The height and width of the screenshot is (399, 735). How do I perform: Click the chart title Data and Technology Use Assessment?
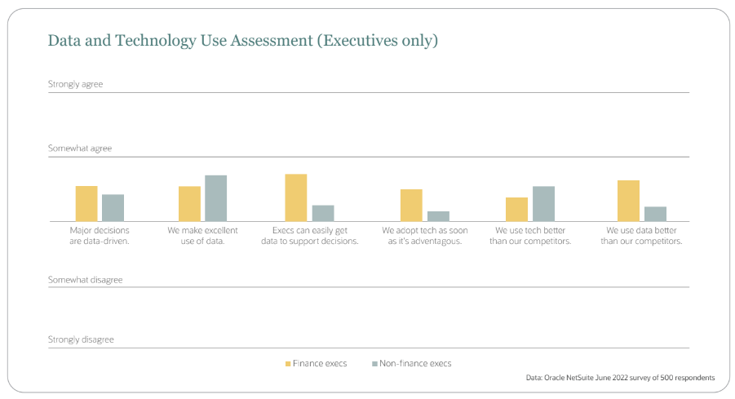(x=242, y=40)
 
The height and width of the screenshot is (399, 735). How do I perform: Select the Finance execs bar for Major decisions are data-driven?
(x=86, y=204)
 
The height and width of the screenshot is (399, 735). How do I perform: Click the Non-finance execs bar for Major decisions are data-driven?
(x=113, y=208)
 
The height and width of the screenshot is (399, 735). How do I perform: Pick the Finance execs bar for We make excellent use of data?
(x=189, y=204)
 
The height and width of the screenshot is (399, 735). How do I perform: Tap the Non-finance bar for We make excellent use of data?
(x=215, y=198)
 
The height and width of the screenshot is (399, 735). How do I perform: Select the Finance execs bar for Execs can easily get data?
(x=295, y=197)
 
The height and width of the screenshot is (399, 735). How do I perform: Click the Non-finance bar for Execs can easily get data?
(x=323, y=213)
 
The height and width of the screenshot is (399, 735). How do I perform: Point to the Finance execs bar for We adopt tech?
(x=411, y=206)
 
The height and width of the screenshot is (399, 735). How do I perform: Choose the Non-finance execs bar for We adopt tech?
(x=438, y=216)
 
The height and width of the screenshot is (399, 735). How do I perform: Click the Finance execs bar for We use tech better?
(x=516, y=210)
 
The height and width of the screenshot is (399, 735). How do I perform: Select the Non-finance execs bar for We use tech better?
(x=543, y=204)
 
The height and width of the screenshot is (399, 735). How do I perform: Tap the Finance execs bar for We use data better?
(x=628, y=201)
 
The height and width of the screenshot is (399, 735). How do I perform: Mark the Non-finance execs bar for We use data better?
(x=655, y=214)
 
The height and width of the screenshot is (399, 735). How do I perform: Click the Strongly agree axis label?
(x=75, y=84)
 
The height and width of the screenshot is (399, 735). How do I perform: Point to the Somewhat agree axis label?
(x=79, y=149)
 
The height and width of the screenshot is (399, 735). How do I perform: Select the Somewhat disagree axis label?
(x=85, y=280)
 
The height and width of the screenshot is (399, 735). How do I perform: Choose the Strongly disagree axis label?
(x=81, y=339)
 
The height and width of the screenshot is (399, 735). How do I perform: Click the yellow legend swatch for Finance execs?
(x=288, y=364)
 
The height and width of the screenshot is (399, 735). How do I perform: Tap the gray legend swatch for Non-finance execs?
(x=374, y=364)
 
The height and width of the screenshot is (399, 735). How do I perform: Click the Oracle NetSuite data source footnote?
(x=621, y=378)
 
